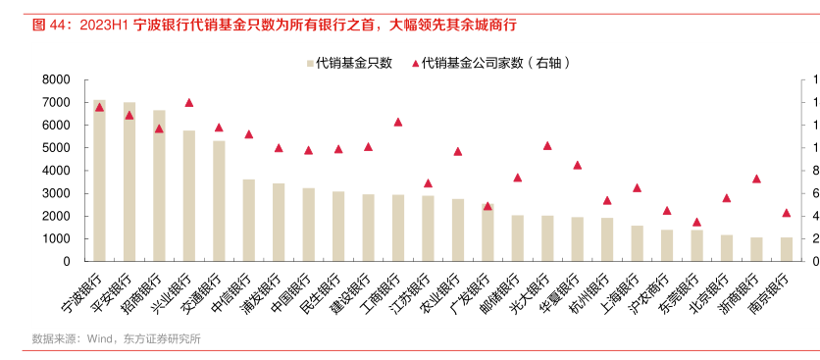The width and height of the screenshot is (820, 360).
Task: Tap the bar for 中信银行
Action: point(248,221)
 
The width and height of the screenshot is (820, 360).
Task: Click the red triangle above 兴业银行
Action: point(188,102)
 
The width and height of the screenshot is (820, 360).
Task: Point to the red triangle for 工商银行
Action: point(397,122)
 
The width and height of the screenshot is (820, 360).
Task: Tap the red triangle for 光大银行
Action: point(547,145)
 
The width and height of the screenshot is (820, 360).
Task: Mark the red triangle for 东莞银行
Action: point(696,222)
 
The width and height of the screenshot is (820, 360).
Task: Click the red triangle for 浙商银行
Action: point(756,179)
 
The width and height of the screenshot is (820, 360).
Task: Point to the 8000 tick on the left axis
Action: point(56,79)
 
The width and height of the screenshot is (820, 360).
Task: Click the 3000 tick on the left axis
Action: point(56,193)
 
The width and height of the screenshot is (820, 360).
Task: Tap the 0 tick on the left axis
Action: point(65,262)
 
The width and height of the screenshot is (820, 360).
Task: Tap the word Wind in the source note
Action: point(102,339)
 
